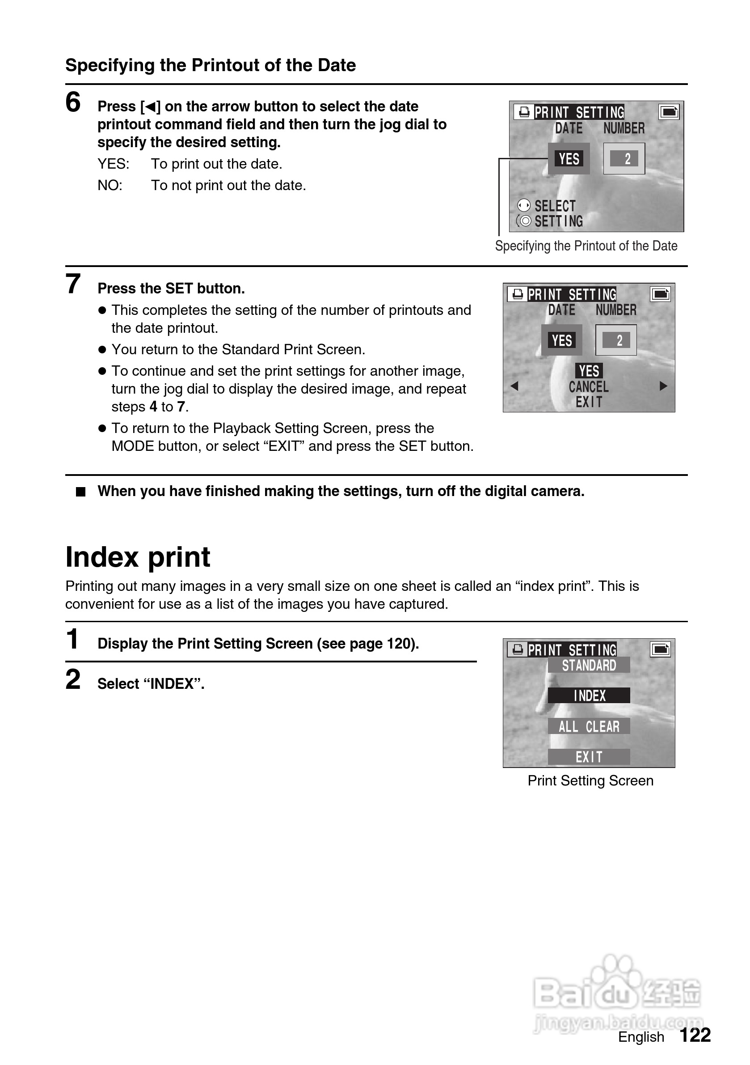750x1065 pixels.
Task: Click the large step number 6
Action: (73, 102)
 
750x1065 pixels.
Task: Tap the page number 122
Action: (695, 1035)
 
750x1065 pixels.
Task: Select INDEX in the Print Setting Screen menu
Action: (589, 695)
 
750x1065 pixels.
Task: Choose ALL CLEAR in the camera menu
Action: (589, 726)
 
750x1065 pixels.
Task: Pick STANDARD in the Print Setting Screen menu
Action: (589, 665)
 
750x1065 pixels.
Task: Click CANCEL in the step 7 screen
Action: (589, 386)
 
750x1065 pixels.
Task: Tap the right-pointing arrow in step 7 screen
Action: (663, 386)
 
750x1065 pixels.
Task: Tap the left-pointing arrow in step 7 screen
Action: (514, 386)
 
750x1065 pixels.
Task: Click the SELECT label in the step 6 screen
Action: (555, 206)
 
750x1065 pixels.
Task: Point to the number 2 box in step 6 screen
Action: (624, 159)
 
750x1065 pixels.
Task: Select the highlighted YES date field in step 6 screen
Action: (569, 159)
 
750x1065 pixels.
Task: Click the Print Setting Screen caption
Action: (590, 781)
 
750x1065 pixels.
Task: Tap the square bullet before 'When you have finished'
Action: (80, 492)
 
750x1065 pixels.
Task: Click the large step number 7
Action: (73, 284)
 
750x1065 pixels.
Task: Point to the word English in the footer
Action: (641, 1037)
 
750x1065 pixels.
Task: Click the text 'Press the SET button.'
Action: (171, 289)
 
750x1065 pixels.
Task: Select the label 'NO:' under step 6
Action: (110, 186)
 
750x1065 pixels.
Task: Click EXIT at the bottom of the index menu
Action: (589, 757)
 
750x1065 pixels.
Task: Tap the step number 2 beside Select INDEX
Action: (73, 679)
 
